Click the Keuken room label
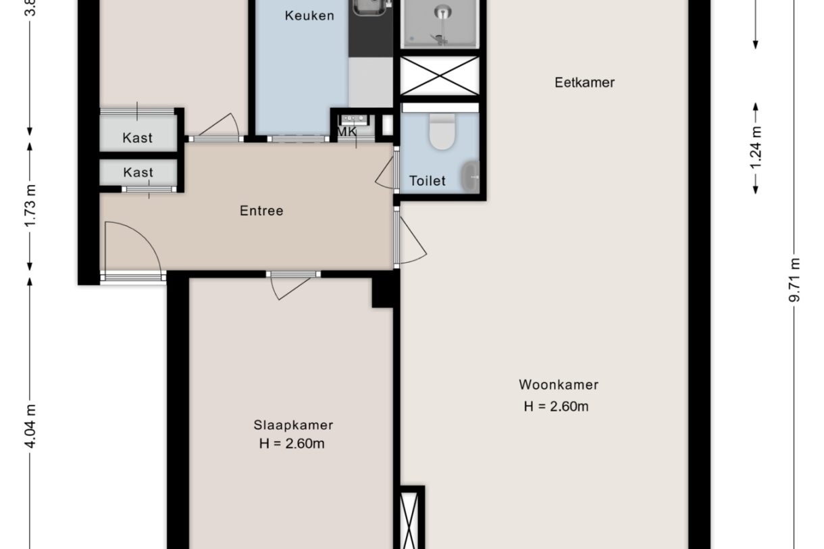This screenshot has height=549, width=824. (309, 16)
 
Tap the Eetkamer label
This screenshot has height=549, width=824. (584, 82)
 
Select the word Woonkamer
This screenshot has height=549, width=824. (559, 385)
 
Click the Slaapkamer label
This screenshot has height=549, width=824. (293, 425)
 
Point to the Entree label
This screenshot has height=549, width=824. (261, 211)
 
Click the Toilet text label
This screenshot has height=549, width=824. (428, 181)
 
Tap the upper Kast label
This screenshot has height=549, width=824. (138, 138)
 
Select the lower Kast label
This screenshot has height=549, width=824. (138, 173)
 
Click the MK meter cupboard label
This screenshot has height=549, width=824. (347, 132)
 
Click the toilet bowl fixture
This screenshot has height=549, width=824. (442, 132)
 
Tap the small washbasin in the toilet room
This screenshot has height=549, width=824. (470, 176)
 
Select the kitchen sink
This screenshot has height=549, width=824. (369, 7)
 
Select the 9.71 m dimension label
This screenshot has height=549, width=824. (795, 281)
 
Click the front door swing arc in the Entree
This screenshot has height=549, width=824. (138, 246)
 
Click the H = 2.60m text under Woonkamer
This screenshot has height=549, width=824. (556, 407)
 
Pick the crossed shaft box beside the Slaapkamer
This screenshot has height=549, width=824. (410, 520)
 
